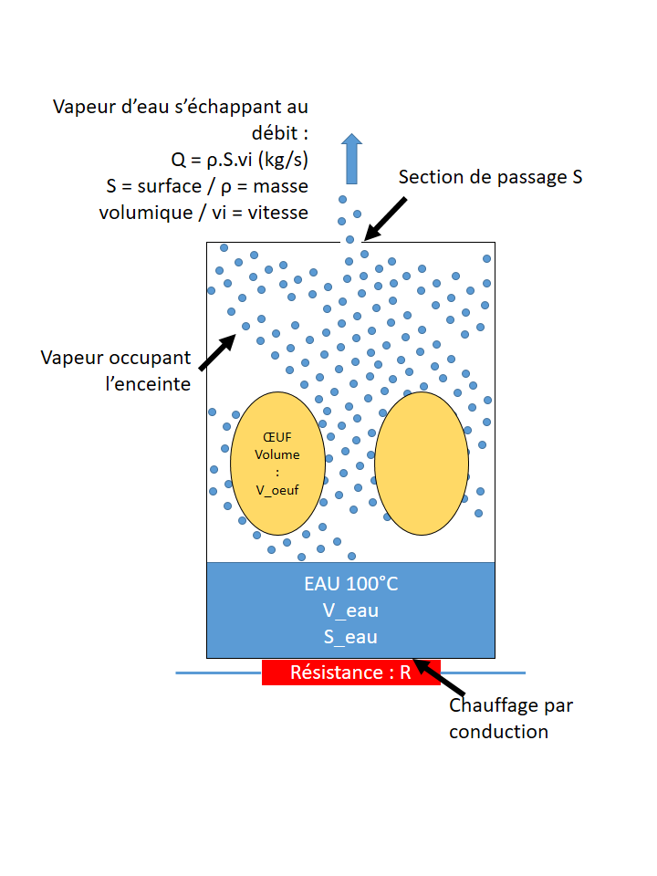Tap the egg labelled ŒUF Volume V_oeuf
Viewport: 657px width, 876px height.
pos(277,493)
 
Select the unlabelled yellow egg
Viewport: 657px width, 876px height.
pos(422,464)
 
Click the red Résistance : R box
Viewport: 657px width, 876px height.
pos(350,673)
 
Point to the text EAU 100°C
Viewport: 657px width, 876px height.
pos(350,584)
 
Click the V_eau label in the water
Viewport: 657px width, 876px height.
pos(350,610)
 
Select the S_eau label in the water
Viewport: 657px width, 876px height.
pos(350,637)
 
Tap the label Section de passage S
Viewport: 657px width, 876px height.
pos(490,177)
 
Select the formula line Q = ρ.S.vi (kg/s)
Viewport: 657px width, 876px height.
pos(240,159)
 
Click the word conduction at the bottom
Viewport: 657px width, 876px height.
pos(498,731)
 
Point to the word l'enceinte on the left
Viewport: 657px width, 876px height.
pos(149,383)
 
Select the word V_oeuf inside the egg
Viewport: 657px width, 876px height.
pos(277,489)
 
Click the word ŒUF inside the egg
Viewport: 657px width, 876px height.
pos(277,436)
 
